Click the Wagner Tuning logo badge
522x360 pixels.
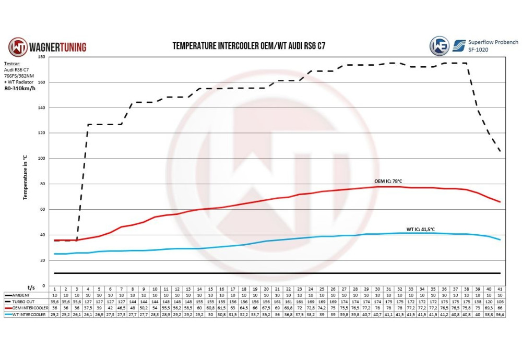pyautogui.click(x=17, y=46)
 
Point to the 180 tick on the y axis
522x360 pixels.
pyautogui.click(x=42, y=57)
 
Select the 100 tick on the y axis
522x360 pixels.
pyautogui.click(x=42, y=159)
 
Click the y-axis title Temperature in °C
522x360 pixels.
pyautogui.click(x=25, y=177)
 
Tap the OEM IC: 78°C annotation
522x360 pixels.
pyautogui.click(x=388, y=181)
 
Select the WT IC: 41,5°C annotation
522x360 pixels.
pyautogui.click(x=421, y=229)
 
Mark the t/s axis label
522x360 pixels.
pyautogui.click(x=31, y=286)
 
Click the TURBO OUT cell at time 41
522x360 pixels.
pyautogui.click(x=500, y=302)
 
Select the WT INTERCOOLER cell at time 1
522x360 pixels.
pyautogui.click(x=54, y=314)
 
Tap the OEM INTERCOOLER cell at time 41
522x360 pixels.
pyautogui.click(x=500, y=308)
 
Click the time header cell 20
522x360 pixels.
pyautogui.click(x=266, y=289)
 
